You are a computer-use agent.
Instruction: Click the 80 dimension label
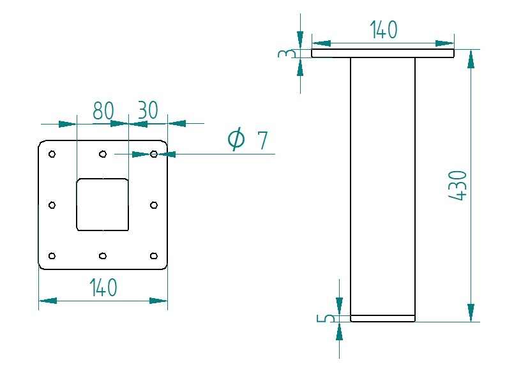(103, 110)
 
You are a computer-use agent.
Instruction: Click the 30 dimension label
(147, 110)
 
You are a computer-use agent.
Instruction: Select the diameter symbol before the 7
(236, 139)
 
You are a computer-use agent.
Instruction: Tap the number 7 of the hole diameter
(262, 140)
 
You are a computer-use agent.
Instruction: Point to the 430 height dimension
(458, 186)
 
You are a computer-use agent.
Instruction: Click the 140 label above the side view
(383, 30)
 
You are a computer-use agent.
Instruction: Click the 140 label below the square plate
(103, 288)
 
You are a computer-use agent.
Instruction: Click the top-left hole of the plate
(52, 154)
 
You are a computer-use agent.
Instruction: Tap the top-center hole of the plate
(103, 154)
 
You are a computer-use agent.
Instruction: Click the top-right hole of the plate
(154, 154)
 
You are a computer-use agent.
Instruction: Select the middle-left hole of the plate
(52, 205)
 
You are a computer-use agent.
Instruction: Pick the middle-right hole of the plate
(154, 205)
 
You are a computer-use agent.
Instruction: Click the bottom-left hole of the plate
(52, 256)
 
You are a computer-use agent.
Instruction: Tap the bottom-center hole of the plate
(103, 256)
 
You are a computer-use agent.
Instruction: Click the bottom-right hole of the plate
(154, 256)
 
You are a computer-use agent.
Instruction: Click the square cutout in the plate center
(103, 205)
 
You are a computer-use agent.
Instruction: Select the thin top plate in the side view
(383, 54)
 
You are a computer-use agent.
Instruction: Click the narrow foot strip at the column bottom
(383, 318)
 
